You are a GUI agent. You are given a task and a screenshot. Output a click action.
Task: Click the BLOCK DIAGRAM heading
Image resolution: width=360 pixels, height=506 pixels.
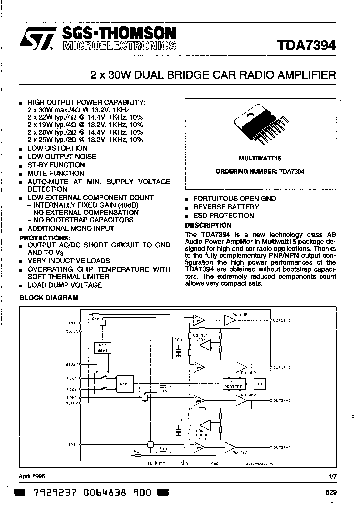click(x=48, y=298)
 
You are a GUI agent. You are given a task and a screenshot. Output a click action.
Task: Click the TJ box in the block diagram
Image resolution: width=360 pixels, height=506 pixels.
click(x=259, y=384)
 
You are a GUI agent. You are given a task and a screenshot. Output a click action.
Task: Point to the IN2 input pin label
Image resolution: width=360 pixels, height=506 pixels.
click(x=72, y=444)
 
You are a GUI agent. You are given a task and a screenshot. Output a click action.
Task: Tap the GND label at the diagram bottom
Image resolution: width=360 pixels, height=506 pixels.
click(x=184, y=463)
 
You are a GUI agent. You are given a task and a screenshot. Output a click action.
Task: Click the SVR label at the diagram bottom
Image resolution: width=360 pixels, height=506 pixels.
click(x=215, y=463)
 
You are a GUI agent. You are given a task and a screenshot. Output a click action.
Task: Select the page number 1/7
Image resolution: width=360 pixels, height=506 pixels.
click(x=332, y=476)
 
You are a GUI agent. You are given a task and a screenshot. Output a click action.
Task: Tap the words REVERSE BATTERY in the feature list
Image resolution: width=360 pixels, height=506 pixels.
click(x=226, y=207)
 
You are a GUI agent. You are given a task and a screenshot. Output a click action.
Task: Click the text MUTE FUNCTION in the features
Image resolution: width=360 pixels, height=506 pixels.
click(x=55, y=173)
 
